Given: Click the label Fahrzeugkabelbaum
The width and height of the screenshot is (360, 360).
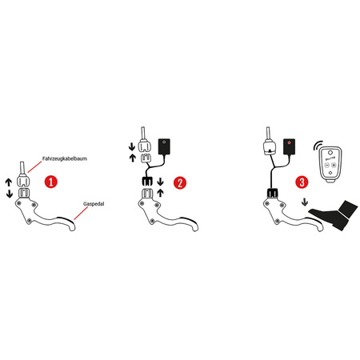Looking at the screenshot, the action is point(65,158).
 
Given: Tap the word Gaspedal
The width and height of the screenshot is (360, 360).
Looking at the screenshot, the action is point(94,204).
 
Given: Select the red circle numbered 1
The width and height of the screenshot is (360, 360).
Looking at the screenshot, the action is point(51,182).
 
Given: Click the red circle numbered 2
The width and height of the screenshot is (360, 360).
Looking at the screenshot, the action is point(180,183).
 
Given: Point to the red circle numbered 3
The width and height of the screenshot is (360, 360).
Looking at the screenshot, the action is point(302,182).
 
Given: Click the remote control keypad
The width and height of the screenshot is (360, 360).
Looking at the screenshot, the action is point(330,164).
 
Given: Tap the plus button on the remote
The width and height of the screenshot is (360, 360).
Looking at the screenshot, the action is point(334,166).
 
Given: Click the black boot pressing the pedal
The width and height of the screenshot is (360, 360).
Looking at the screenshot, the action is point(334,215).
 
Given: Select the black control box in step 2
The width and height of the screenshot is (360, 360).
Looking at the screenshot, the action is point(164,146).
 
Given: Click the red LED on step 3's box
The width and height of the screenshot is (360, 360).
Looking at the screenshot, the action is point(289,142).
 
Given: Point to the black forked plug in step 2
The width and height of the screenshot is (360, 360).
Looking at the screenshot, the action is point(146,182).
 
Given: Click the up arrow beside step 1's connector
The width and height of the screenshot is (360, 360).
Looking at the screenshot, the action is point(9,182).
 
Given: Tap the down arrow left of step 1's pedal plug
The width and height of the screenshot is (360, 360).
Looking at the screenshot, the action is point(10,194).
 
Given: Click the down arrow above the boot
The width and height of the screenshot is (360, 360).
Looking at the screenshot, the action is point(305,202).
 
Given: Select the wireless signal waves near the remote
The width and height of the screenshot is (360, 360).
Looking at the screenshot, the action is point(318,146).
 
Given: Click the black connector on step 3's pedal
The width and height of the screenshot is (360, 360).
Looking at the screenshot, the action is point(273,193).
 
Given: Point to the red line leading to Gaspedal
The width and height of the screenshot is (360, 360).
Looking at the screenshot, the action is point(81,213).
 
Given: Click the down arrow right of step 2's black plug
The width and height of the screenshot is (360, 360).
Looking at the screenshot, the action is point(160,182).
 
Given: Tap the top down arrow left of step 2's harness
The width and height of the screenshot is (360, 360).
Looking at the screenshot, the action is point(132,147).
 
